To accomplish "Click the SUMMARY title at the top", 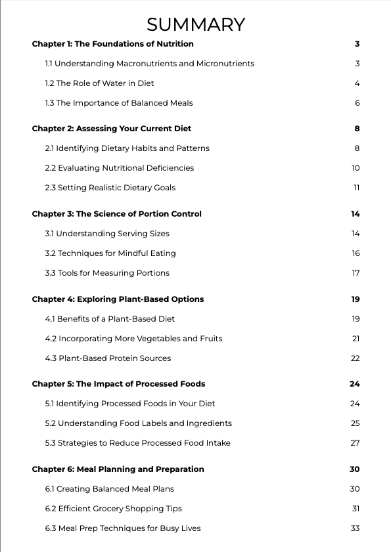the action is [x=196, y=25].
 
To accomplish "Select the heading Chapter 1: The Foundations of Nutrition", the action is [x=112, y=44].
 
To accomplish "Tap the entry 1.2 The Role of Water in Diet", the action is [x=99, y=83].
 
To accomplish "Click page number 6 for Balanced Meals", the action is [x=357, y=103].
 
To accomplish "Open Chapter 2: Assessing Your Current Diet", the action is [x=112, y=129].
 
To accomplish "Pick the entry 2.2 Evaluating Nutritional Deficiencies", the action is [x=120, y=168].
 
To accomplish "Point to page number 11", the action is [x=356, y=188].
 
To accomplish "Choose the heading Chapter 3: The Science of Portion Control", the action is [x=117, y=214].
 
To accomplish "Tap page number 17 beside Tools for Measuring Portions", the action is [x=356, y=273].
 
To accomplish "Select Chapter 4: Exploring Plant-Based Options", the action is [x=118, y=299].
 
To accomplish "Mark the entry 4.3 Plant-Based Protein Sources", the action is [x=108, y=358].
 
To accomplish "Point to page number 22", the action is [x=356, y=358].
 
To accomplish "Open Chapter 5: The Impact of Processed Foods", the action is [x=118, y=384].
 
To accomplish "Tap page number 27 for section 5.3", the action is [x=355, y=443].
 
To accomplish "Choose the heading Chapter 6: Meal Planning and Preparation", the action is [x=118, y=469].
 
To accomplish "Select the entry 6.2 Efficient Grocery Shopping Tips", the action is [x=113, y=509].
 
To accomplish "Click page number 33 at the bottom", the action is [x=355, y=528].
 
